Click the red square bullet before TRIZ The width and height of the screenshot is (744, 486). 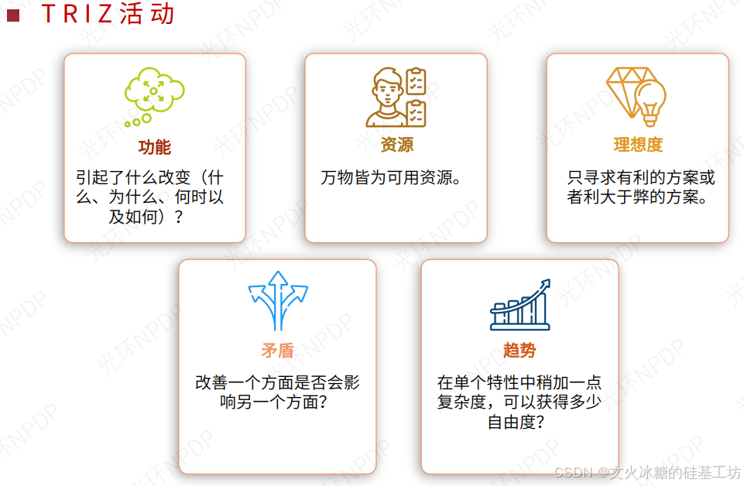[12, 15]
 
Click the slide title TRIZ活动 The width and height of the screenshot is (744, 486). [108, 15]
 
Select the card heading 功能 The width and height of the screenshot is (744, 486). [155, 147]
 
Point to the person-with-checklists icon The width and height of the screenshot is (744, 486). [396, 97]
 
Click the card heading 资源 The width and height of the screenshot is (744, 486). [396, 144]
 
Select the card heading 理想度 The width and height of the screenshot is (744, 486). [638, 144]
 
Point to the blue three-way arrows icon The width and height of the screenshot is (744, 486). [277, 301]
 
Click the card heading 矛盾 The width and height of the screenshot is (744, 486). [277, 351]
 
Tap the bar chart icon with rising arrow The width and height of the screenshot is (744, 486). [519, 306]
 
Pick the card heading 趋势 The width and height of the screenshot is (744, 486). [519, 351]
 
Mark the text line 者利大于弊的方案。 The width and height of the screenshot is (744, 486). [637, 197]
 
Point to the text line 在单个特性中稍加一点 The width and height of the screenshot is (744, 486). [519, 383]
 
